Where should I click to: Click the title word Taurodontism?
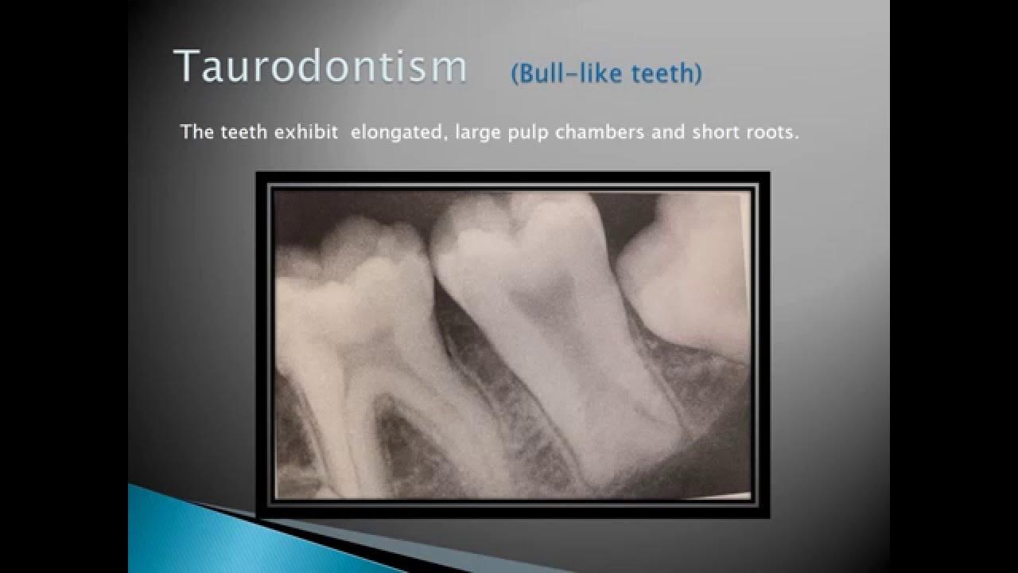click(320, 66)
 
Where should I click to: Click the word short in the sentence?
click(714, 132)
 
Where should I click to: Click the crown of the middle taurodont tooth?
click(509, 239)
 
